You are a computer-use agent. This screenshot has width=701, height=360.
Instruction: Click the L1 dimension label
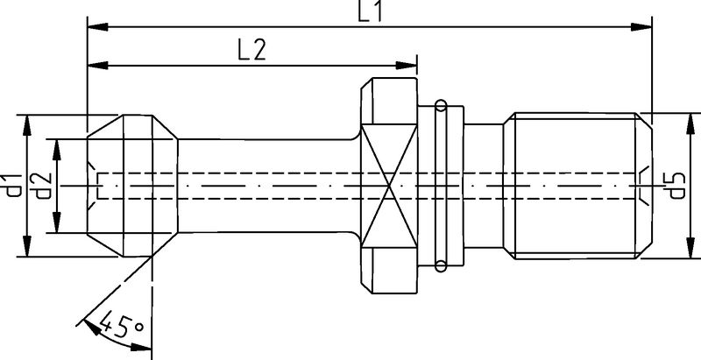[x=371, y=11]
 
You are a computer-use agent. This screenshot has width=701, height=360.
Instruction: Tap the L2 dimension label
[x=251, y=50]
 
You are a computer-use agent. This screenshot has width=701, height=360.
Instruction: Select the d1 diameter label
[x=14, y=186]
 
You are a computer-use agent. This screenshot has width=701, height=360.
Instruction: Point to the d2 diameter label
[x=43, y=186]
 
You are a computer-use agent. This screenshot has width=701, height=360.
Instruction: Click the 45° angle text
[x=121, y=326]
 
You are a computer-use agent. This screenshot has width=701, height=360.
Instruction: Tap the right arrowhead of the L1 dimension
[x=641, y=27]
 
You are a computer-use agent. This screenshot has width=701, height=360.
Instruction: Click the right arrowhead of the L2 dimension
[x=406, y=66]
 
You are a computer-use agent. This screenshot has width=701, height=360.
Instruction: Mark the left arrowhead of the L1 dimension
[x=98, y=27]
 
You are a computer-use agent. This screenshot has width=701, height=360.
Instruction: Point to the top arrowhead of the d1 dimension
[x=27, y=125]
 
